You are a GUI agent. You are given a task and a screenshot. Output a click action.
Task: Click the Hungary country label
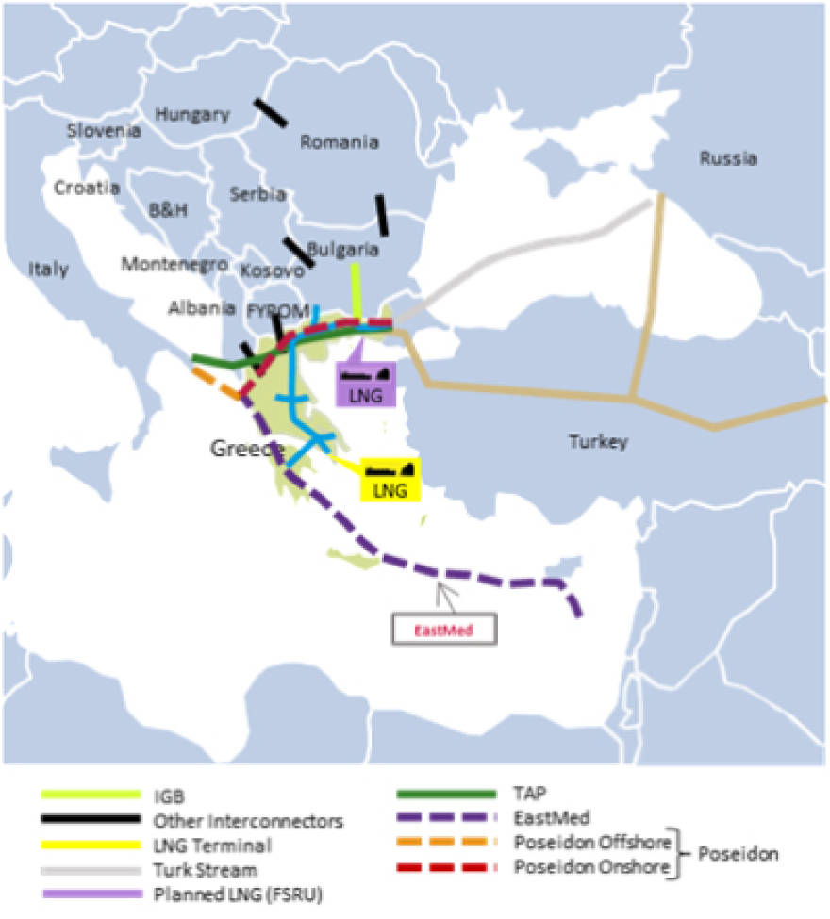[192, 115]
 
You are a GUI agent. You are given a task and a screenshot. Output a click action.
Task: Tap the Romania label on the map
[339, 143]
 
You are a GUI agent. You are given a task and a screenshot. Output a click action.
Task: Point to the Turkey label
[598, 441]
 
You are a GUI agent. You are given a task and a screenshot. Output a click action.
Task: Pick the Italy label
[48, 270]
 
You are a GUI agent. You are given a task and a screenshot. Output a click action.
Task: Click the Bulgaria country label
[343, 251]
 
